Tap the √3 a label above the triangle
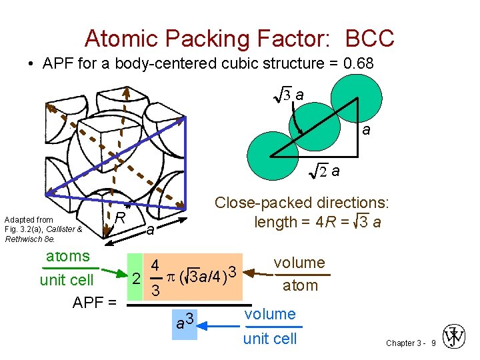(x=290, y=95)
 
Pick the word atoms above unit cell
(x=67, y=256)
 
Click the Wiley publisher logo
(x=455, y=337)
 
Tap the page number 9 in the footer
(x=433, y=343)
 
